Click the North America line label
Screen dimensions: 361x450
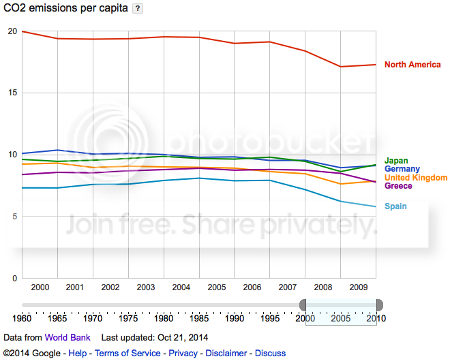coord(412,65)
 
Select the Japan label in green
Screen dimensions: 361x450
coord(396,161)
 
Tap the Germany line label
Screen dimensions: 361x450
coord(402,169)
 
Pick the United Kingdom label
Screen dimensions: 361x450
coord(416,177)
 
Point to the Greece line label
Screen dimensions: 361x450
coord(398,185)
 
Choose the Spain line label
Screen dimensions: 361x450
coord(395,206)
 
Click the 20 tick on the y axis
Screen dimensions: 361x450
coord(12,31)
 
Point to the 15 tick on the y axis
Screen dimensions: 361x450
coord(12,93)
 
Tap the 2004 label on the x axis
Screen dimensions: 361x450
coord(181,287)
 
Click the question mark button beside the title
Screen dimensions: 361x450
coord(137,8)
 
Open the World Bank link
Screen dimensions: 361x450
coord(67,337)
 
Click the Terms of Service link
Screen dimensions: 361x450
coord(127,353)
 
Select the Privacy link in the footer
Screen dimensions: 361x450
coord(183,353)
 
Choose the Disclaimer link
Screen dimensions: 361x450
coord(226,353)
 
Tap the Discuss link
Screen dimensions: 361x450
coord(271,353)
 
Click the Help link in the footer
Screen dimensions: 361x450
coord(78,353)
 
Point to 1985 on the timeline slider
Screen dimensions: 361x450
coord(199,318)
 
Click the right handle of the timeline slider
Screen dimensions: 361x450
coord(379,304)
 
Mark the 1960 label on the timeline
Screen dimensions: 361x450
coord(22,318)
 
